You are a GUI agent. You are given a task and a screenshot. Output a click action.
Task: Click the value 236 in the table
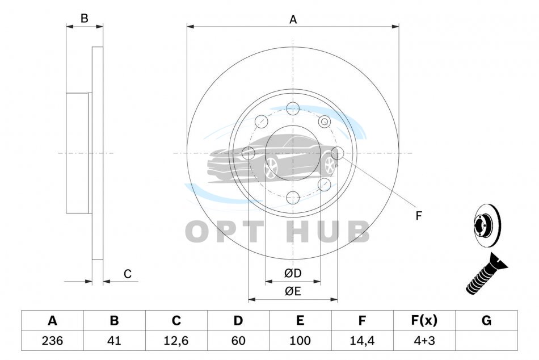tap(52, 341)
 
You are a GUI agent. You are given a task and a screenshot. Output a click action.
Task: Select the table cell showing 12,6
tap(176, 341)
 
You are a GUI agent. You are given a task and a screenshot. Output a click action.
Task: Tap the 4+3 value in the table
tap(424, 341)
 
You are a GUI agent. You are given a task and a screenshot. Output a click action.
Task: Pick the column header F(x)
tap(424, 320)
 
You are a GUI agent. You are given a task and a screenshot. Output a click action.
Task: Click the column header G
tap(486, 320)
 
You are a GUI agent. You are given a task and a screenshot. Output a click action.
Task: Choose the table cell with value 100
tap(300, 341)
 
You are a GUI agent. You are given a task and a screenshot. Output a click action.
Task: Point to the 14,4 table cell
tap(363, 341)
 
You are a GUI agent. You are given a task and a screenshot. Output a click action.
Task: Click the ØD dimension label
tap(293, 273)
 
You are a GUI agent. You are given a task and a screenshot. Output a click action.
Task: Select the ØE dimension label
tap(293, 291)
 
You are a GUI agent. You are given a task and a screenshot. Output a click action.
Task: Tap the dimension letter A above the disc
tap(293, 20)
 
